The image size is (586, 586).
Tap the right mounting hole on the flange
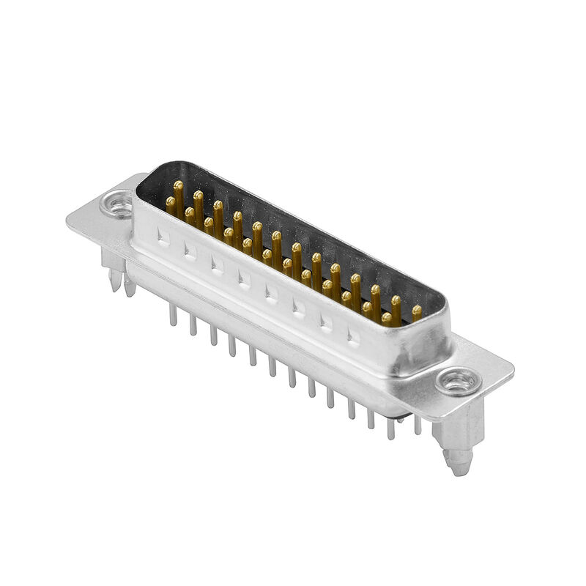458,382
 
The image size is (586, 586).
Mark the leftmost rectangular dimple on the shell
163,236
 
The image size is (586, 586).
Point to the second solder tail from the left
193,324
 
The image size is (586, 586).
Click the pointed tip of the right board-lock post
459,470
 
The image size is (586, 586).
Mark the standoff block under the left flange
110,256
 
